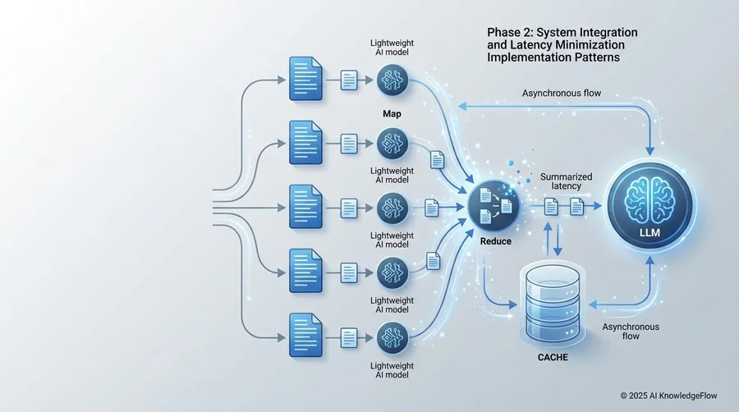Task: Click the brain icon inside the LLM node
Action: pos(649,199)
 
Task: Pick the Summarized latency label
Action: pos(561,182)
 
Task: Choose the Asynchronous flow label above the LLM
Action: pos(562,94)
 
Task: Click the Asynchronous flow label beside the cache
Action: pos(631,332)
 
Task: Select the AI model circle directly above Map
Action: pos(392,81)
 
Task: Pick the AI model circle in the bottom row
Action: pos(392,335)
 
